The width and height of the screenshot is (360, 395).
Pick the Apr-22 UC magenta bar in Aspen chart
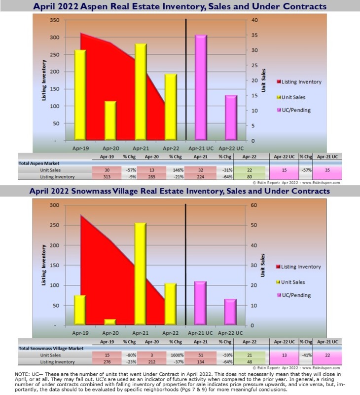click(x=231, y=118)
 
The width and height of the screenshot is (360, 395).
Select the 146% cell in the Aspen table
click(x=175, y=169)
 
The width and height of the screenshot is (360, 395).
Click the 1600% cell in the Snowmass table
click(x=175, y=355)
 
